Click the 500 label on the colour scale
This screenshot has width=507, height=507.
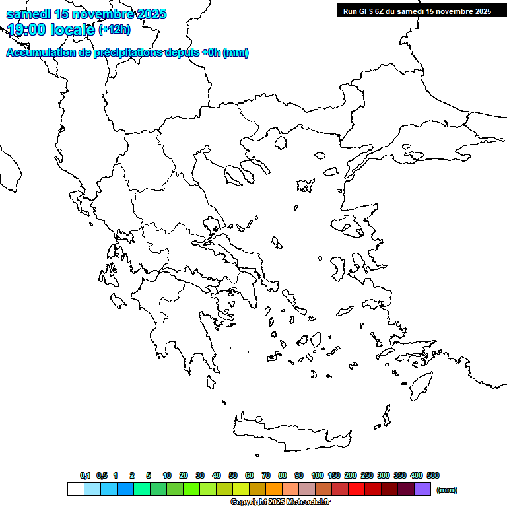[433, 475]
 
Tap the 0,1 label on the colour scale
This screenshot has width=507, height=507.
[85, 475]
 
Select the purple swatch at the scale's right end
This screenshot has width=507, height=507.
[422, 489]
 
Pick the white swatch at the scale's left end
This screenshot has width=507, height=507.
[75, 489]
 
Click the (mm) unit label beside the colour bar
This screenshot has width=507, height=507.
[447, 490]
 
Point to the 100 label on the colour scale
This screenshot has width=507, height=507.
[317, 475]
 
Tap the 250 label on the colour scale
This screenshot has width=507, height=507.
[367, 475]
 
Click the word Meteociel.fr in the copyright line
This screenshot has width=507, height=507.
[308, 502]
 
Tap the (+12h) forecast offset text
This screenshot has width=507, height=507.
[114, 29]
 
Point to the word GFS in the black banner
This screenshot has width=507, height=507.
[367, 11]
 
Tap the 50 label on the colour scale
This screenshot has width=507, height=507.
[233, 475]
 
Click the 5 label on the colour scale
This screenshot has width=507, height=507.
[149, 475]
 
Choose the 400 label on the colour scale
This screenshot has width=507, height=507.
[416, 475]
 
